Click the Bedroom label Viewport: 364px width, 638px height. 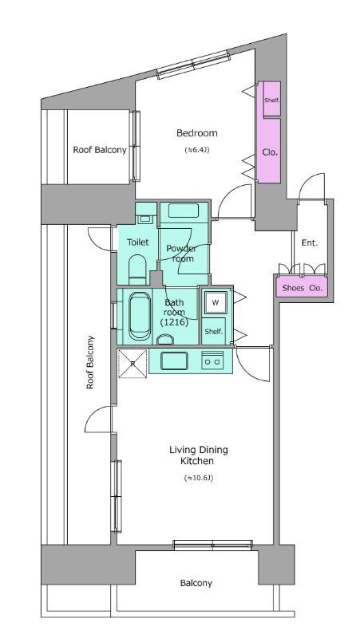tap(196, 133)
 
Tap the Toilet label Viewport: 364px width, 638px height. tap(137, 242)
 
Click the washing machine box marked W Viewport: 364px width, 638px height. tap(216, 303)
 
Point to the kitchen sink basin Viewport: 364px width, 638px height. tap(174, 360)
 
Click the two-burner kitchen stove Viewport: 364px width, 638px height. tap(212, 360)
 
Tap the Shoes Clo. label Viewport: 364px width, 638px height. tap(302, 288)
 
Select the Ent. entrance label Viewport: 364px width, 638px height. tap(310, 243)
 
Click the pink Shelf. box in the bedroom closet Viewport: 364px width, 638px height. tap(271, 100)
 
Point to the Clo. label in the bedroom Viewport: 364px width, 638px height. tap(270, 152)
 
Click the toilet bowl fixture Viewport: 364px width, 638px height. tap(137, 270)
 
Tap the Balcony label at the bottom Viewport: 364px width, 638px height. tap(196, 583)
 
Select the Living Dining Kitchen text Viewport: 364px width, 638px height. tap(199, 455)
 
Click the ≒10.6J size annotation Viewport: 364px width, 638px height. tap(199, 478)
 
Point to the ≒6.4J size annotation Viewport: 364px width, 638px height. tap(197, 150)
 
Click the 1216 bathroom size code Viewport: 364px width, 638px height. tap(174, 323)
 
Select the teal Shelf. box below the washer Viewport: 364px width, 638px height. tap(214, 331)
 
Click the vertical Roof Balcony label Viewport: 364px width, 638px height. tap(90, 362)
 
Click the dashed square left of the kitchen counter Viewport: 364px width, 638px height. tap(133, 364)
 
